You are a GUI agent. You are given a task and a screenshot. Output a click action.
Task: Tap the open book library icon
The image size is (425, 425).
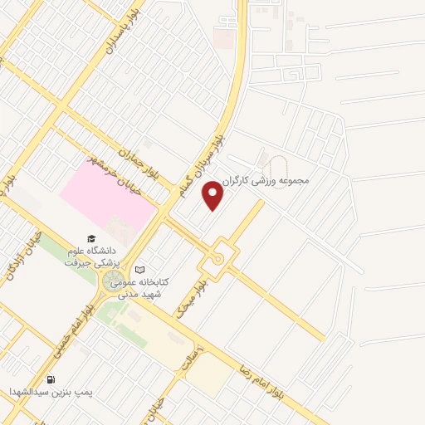tap(139, 270)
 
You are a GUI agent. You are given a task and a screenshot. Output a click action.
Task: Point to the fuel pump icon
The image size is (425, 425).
tap(51, 380)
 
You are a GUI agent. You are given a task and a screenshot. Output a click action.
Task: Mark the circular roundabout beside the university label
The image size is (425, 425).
tap(114, 282)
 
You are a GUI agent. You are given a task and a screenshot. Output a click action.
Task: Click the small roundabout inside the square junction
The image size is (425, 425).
tap(218, 258)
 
